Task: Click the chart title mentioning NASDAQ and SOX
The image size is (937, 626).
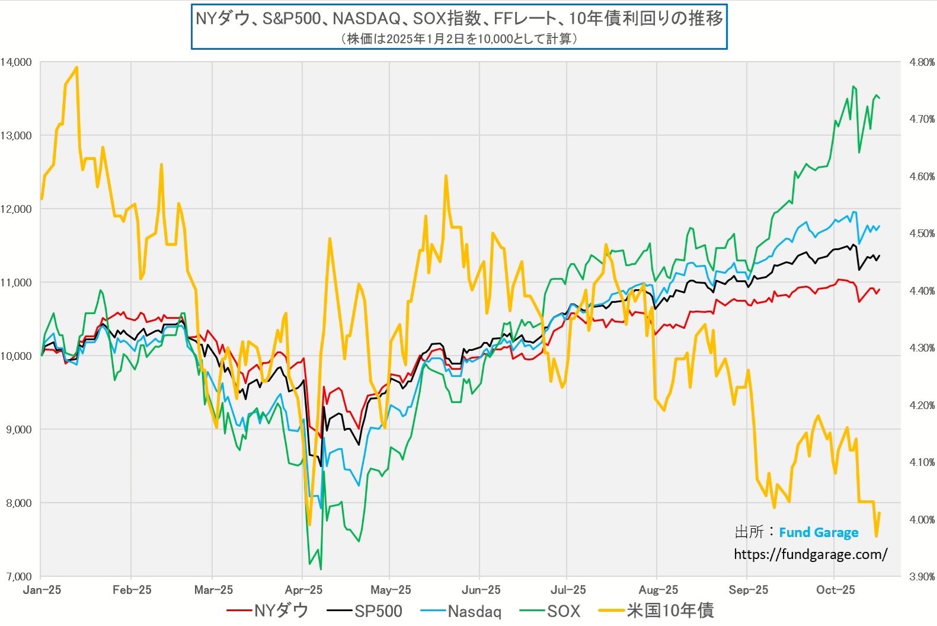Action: pyautogui.click(x=459, y=18)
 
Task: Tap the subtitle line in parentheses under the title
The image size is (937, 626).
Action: pyautogui.click(x=459, y=39)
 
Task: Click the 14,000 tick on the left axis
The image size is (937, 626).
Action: pyautogui.click(x=16, y=62)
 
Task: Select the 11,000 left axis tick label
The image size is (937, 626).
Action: pyautogui.click(x=16, y=283)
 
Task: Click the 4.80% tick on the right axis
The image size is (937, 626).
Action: pyautogui.click(x=922, y=62)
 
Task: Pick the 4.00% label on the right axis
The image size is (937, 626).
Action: pyautogui.click(x=922, y=520)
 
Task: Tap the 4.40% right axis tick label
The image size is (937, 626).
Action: pyautogui.click(x=922, y=291)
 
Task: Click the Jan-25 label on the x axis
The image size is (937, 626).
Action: pyautogui.click(x=42, y=590)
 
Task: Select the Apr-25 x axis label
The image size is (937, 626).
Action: pyautogui.click(x=303, y=590)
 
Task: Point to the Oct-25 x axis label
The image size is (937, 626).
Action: pyautogui.click(x=836, y=590)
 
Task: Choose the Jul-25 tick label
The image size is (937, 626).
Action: pyautogui.click(x=568, y=590)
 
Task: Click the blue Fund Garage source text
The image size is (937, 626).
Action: pyautogui.click(x=818, y=532)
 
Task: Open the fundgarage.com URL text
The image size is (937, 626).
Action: pyautogui.click(x=810, y=554)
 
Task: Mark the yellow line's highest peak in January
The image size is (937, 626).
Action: pyautogui.click(x=76, y=68)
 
